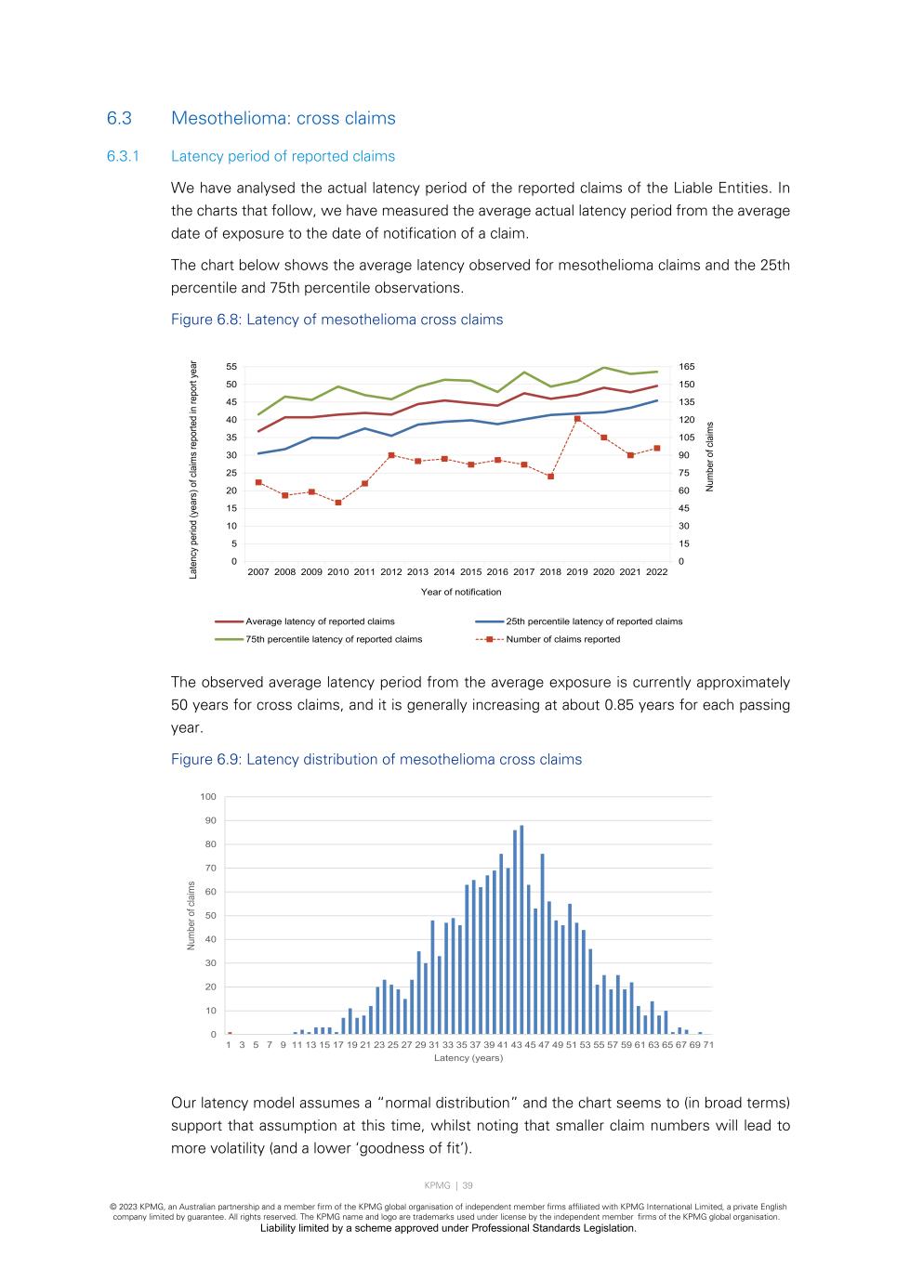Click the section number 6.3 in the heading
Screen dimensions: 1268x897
[119, 119]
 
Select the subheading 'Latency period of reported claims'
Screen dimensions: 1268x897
[283, 156]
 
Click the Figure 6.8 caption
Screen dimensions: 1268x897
[336, 320]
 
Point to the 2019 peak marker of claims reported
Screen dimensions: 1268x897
[577, 419]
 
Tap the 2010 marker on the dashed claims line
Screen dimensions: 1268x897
[338, 503]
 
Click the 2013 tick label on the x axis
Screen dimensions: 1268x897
[417, 572]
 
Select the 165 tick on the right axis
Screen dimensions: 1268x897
[687, 367]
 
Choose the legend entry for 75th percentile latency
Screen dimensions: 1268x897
[333, 639]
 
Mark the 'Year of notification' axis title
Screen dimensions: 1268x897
[461, 592]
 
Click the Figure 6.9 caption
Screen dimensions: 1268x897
[376, 760]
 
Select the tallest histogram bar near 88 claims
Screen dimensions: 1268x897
[521, 929]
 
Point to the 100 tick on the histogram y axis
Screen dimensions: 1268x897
[208, 797]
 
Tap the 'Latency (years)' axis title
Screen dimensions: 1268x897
[468, 1058]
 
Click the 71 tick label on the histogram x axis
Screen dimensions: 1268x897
[708, 1045]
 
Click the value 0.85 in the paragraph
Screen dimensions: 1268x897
[619, 705]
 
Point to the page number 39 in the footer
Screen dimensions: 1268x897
[468, 1185]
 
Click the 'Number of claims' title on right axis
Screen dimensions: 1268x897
[710, 457]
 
